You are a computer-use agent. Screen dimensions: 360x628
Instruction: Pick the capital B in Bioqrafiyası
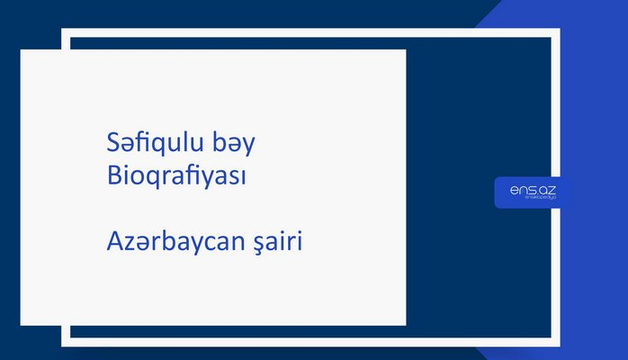coord(112,175)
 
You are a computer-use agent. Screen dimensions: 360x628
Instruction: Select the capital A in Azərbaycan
coord(113,241)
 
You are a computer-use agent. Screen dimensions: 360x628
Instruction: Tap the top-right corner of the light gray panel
coord(405,50)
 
